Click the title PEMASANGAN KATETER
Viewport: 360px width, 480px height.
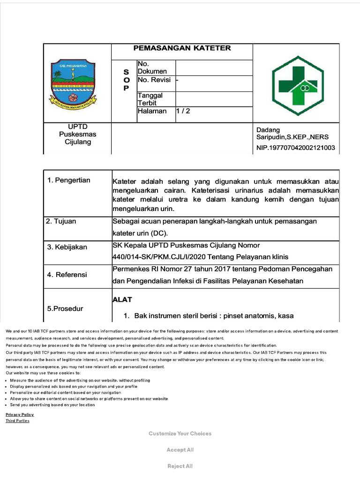coord(182,48)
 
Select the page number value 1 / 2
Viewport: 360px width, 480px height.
coord(183,111)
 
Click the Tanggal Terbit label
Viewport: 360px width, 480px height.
coord(150,99)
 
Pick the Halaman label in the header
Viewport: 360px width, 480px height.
coord(152,111)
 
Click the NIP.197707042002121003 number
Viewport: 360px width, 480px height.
coord(295,148)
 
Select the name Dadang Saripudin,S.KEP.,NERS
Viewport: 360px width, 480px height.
coord(292,134)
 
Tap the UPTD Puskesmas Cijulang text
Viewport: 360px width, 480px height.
coord(77,134)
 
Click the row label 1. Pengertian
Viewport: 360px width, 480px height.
coord(69,180)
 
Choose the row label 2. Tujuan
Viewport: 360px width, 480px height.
coord(61,221)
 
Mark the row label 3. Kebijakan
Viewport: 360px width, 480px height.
coord(67,247)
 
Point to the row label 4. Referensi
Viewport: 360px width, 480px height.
coord(67,275)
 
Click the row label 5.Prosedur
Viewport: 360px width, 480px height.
coord(65,308)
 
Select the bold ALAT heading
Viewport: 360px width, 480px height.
coord(122,300)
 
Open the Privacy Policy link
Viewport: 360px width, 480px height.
coord(20,415)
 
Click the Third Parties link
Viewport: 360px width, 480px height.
coord(17,421)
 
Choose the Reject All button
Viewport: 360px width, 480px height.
coord(180,466)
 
